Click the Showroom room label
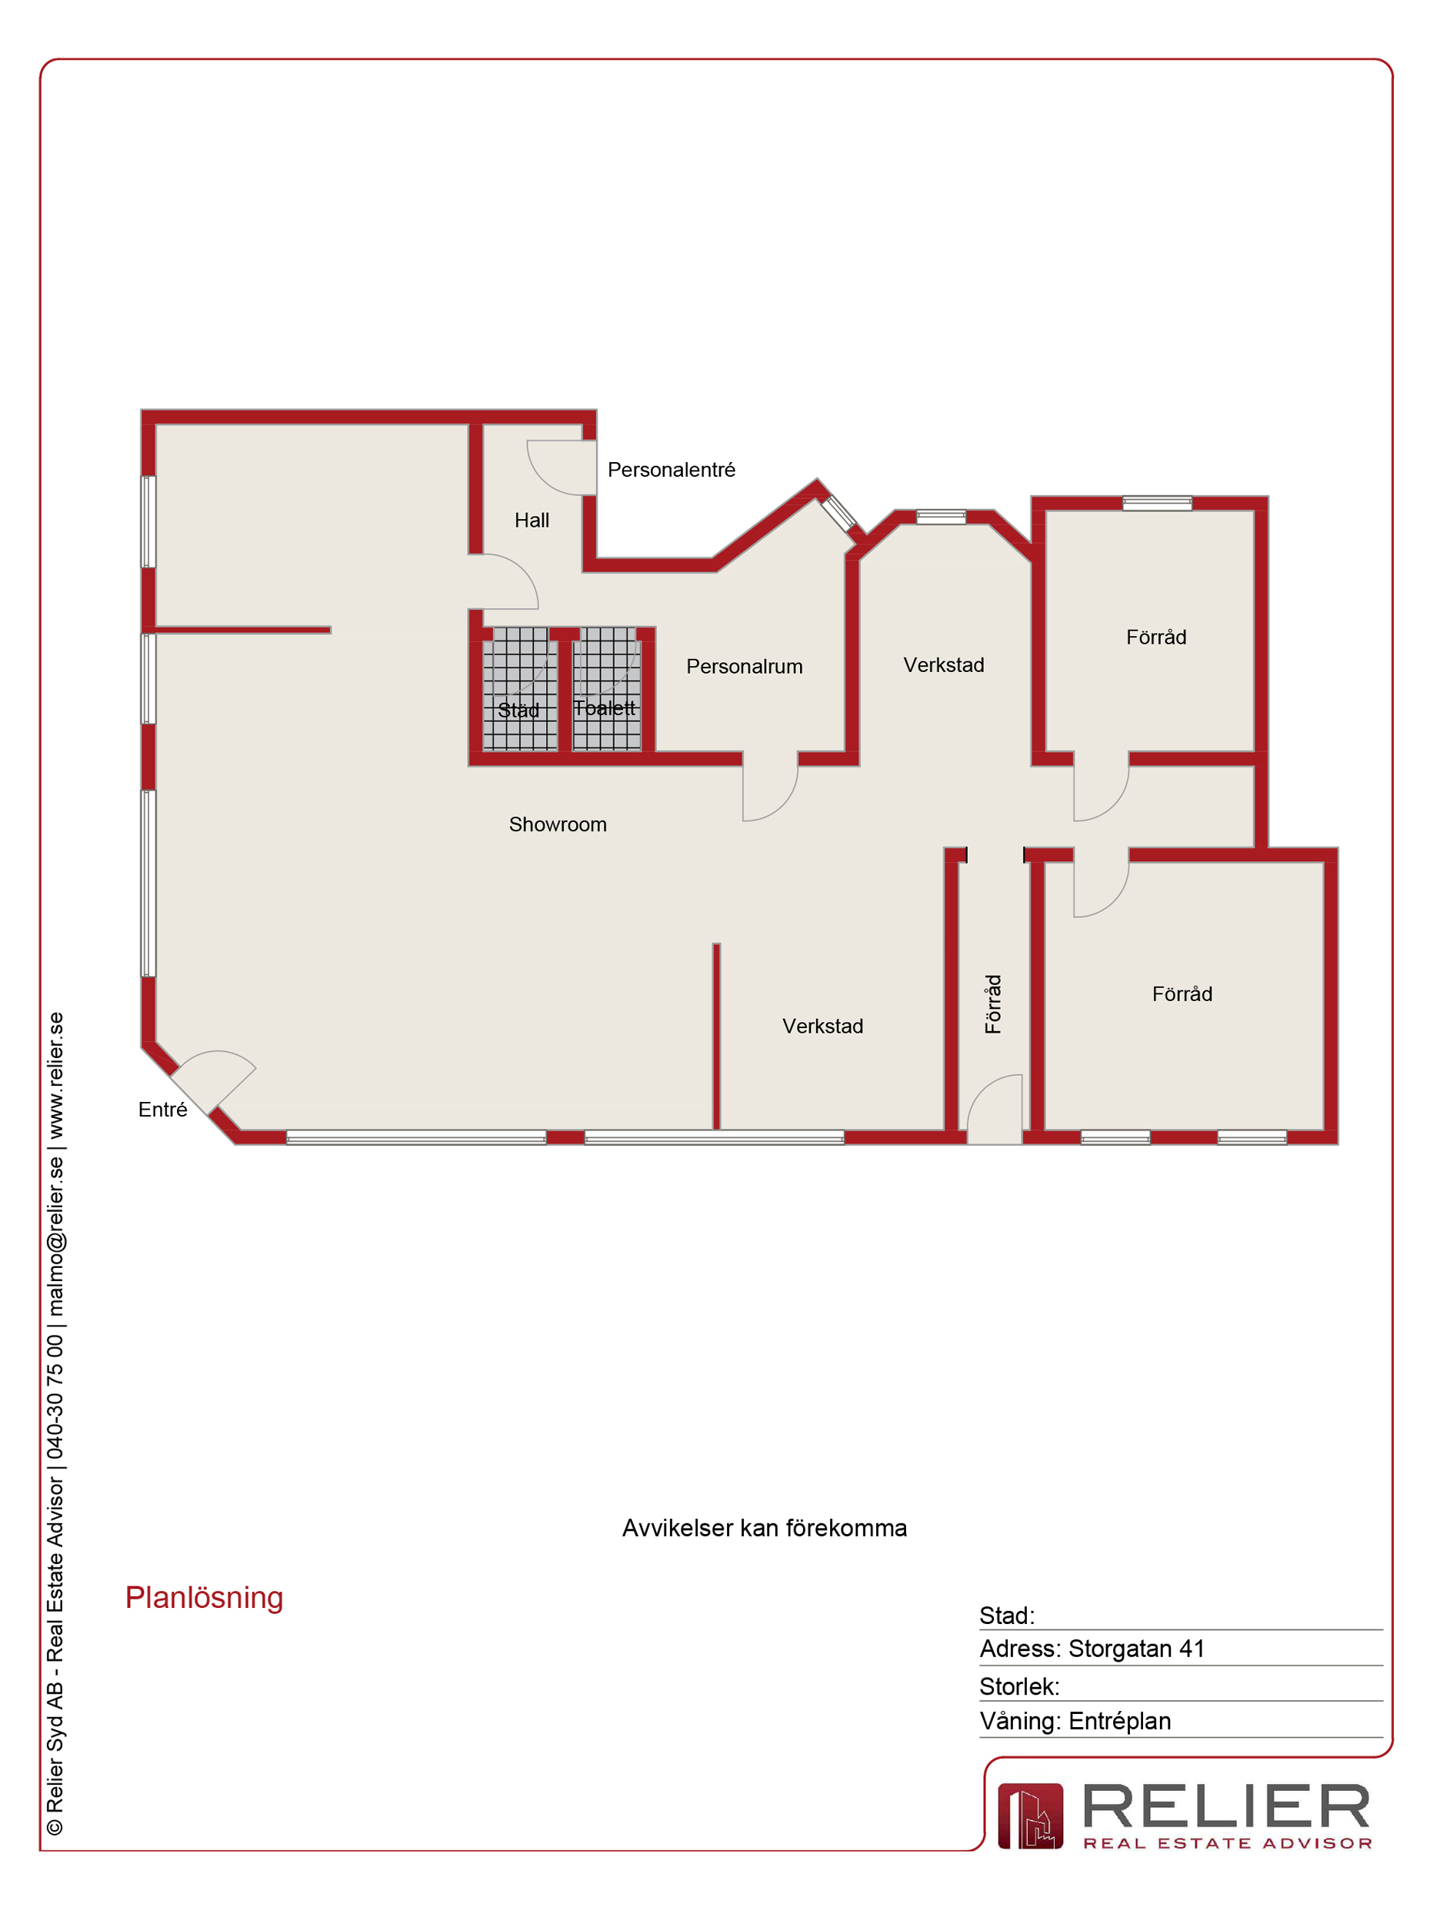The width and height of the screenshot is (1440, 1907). point(558,825)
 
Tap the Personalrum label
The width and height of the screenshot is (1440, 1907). point(744,667)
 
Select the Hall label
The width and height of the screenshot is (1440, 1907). point(532,521)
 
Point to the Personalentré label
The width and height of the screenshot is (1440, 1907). point(671,470)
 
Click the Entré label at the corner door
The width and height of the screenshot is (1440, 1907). point(162,1110)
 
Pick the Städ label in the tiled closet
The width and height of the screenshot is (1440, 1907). point(518,711)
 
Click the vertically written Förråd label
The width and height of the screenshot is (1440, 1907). point(993,1004)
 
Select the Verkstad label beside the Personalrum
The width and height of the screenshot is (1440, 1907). point(943,664)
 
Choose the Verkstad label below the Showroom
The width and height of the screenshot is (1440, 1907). point(822,1026)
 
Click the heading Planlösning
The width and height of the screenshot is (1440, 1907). point(205,1598)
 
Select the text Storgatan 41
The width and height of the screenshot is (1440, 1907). point(1136,1649)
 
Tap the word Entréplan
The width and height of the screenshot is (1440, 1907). point(1119,1721)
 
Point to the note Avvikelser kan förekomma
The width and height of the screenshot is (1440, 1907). point(764,1529)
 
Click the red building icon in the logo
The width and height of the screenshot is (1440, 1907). point(1031,1816)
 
